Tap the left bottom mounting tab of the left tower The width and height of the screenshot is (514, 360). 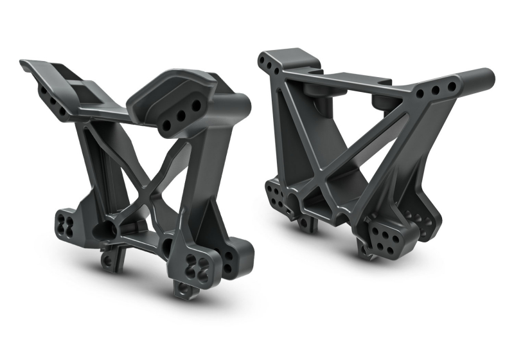click(111, 258)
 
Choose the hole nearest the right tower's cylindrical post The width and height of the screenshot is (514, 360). click(451, 86)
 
